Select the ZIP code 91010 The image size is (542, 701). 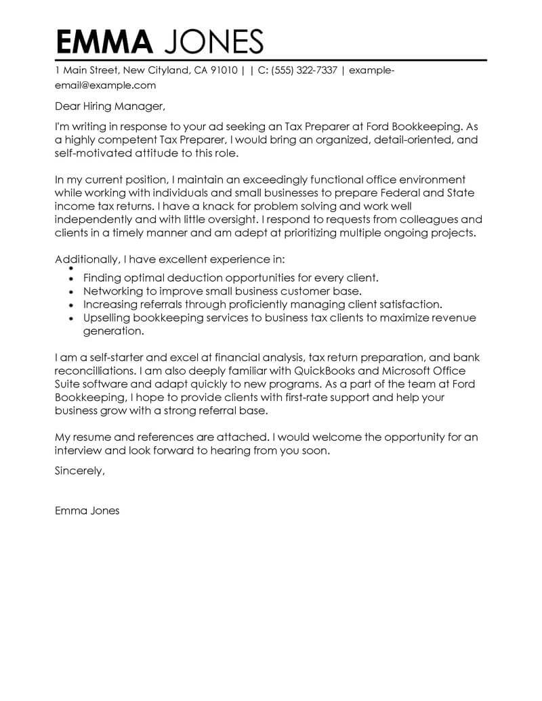[224, 70]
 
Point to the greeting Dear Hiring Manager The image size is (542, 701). [109, 106]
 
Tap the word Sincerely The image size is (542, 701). [80, 472]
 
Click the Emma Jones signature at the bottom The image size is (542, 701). [87, 511]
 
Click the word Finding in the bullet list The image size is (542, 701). [103, 278]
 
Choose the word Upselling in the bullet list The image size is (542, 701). [108, 318]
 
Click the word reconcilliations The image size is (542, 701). [95, 371]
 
